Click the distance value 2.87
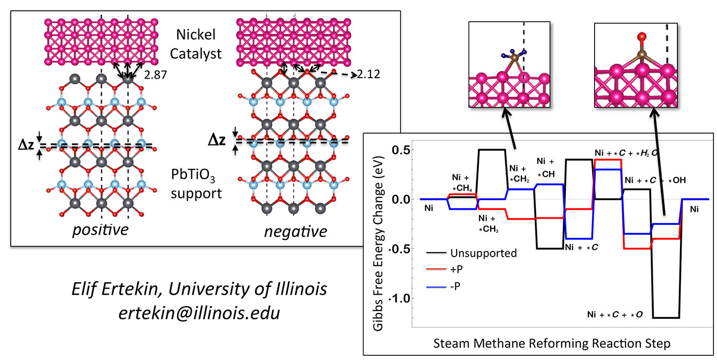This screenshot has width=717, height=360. (152, 77)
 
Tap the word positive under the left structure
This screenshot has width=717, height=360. (100, 229)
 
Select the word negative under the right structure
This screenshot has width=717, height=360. (295, 231)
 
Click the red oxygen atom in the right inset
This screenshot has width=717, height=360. (641, 37)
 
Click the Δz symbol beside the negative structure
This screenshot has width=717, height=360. (216, 140)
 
